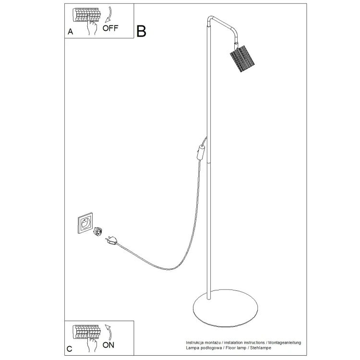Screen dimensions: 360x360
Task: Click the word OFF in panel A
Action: [110, 28]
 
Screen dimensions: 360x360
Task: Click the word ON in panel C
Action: [108, 345]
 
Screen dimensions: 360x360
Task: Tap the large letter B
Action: [141, 31]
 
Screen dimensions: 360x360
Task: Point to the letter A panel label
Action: [70, 32]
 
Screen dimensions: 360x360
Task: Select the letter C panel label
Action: [69, 349]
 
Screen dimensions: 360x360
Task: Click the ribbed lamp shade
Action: [242, 59]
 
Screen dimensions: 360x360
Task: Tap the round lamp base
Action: [225, 308]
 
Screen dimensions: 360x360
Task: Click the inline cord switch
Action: [201, 153]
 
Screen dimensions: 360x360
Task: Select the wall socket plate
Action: [85, 223]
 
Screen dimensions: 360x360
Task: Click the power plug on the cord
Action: [112, 240]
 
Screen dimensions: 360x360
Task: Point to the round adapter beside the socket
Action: [97, 231]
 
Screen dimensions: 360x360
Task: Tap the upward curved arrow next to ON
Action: [108, 332]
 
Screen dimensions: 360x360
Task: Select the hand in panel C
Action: [92, 342]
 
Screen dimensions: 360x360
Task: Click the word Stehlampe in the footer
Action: [261, 348]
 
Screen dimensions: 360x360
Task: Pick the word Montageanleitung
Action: [285, 343]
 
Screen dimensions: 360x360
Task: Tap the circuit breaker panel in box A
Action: [86, 15]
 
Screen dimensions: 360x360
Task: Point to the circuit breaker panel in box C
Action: [86, 332]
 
